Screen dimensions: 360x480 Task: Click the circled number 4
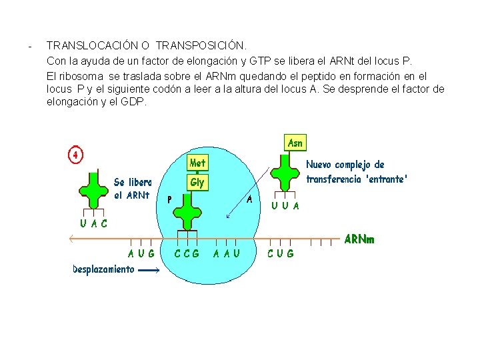pyautogui.click(x=75, y=155)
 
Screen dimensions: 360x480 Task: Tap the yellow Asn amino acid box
pyautogui.click(x=295, y=143)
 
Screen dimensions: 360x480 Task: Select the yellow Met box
pyautogui.click(x=197, y=163)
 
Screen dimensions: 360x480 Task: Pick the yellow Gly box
pyautogui.click(x=197, y=182)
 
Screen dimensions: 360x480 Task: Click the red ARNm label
pyautogui.click(x=359, y=239)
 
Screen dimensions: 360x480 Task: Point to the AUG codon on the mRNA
pyautogui.click(x=142, y=253)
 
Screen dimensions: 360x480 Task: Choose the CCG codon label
pyautogui.click(x=187, y=253)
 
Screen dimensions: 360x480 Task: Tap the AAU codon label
pyautogui.click(x=227, y=253)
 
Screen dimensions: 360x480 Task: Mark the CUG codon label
pyautogui.click(x=281, y=253)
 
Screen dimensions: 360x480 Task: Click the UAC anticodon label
pyautogui.click(x=94, y=223)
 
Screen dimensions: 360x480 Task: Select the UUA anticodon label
pyautogui.click(x=286, y=206)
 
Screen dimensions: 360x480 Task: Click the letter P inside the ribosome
pyautogui.click(x=170, y=199)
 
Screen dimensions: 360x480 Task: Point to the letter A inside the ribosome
pyautogui.click(x=249, y=199)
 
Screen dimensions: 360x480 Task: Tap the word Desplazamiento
pyautogui.click(x=103, y=269)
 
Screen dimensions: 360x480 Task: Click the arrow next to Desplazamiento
pyautogui.click(x=150, y=270)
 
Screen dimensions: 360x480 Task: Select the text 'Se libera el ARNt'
pyautogui.click(x=132, y=189)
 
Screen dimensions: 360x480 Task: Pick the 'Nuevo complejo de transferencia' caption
pyautogui.click(x=356, y=171)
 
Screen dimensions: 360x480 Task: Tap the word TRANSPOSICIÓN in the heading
pyautogui.click(x=201, y=46)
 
